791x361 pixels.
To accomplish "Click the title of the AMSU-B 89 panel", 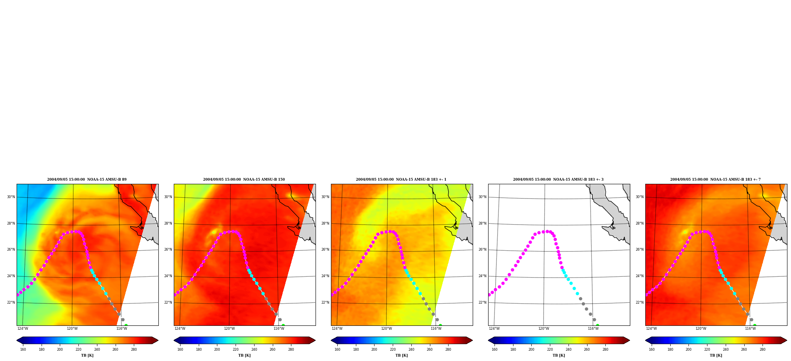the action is point(87,180).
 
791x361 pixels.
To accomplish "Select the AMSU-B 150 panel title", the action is point(244,180).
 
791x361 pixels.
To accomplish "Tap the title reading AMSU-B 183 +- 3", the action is point(558,180).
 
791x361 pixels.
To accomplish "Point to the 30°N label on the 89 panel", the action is point(11,197).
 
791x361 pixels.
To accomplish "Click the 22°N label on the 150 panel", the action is point(168,302).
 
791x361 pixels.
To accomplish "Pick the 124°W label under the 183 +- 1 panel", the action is point(337,329).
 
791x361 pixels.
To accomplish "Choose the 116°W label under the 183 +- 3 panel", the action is point(593,329).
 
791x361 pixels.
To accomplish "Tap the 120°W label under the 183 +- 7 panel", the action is point(701,329).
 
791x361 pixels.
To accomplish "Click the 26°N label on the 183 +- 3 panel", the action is point(483,249).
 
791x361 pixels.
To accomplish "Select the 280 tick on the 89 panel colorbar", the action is point(134,349).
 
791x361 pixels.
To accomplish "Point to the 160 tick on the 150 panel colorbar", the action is point(180,349).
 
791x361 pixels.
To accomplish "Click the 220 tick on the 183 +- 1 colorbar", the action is point(393,349).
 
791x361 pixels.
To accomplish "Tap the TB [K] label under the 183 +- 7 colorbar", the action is point(716,355).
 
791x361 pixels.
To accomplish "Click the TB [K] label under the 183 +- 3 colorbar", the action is point(559,355).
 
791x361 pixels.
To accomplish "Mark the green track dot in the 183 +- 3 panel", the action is point(597,325).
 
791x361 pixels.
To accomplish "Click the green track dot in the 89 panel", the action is point(126,325).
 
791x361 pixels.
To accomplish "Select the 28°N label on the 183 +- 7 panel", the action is point(640,223).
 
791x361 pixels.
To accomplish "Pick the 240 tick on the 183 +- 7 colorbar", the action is point(726,349).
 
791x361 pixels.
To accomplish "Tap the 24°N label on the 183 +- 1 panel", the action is point(325,276).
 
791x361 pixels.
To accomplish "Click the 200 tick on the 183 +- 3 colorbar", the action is point(531,349).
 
